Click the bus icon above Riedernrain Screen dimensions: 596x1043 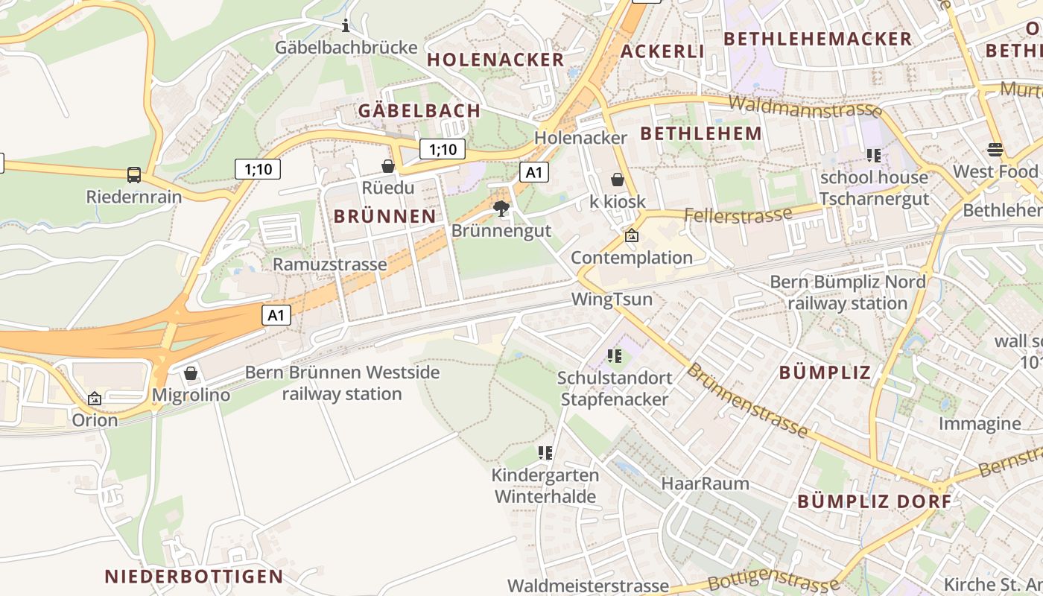click(x=134, y=175)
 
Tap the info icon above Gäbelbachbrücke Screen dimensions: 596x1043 click(x=345, y=27)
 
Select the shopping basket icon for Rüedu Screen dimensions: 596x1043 click(x=387, y=165)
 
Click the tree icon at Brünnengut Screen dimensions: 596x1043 click(x=501, y=208)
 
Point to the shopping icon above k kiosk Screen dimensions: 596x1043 click(x=617, y=180)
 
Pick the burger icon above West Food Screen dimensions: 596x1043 click(x=995, y=150)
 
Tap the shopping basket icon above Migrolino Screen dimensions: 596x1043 click(x=191, y=372)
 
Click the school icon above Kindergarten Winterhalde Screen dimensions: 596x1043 click(x=545, y=452)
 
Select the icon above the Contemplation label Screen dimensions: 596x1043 click(x=632, y=235)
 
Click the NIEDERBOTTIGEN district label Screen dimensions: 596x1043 click(x=194, y=576)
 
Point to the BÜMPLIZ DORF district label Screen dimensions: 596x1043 click(x=875, y=501)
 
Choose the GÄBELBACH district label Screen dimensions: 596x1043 click(x=419, y=111)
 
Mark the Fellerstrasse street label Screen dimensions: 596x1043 click(x=738, y=216)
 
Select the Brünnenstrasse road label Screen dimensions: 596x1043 click(x=746, y=400)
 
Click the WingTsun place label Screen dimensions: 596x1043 click(x=612, y=299)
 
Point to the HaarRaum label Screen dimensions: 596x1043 click(x=705, y=484)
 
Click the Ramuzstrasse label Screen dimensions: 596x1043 click(x=329, y=264)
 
